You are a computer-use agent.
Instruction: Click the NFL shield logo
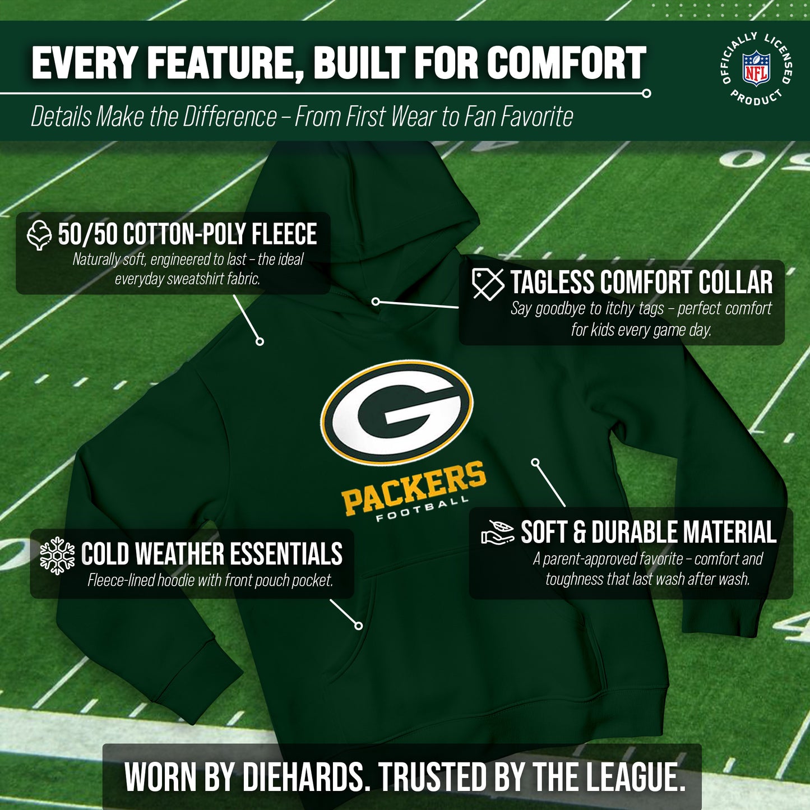[756, 68]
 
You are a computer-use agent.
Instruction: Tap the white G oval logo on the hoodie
[397, 412]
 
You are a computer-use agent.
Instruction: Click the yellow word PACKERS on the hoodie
[414, 487]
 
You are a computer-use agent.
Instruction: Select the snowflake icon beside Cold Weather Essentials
[57, 556]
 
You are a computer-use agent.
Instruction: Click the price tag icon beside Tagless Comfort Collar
[488, 284]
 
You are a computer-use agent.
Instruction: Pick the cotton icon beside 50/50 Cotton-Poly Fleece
[39, 234]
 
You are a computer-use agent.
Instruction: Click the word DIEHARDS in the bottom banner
[303, 777]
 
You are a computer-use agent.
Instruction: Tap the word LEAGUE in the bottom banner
[636, 777]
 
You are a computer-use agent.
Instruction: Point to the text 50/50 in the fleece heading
[87, 234]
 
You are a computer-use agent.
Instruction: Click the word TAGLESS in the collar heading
[553, 283]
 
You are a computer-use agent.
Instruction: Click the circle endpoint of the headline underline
[646, 94]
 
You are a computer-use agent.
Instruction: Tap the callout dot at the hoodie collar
[376, 302]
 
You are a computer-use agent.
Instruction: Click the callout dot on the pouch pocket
[359, 626]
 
